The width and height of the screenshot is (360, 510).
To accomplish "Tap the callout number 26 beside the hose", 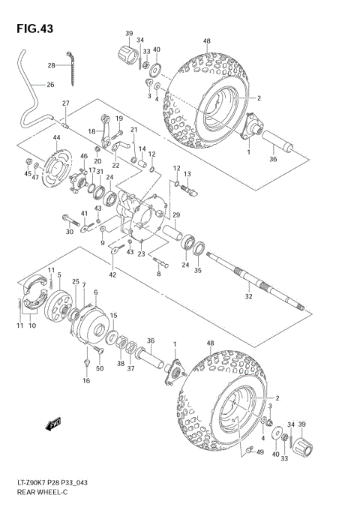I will pos(50,85).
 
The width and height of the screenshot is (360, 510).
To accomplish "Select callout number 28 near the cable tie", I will pos(52,65).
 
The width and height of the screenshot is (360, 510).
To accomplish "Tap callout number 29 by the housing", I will pos(175,215).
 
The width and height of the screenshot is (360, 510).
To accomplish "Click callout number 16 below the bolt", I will pos(85,381).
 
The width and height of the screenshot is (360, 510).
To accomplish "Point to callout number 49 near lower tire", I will pos(260,451).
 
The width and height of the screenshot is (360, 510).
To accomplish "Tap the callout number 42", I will pos(112,275).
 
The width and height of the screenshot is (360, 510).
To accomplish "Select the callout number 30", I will pos(69,232).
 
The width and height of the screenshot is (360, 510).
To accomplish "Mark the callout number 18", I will pos(91,131).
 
